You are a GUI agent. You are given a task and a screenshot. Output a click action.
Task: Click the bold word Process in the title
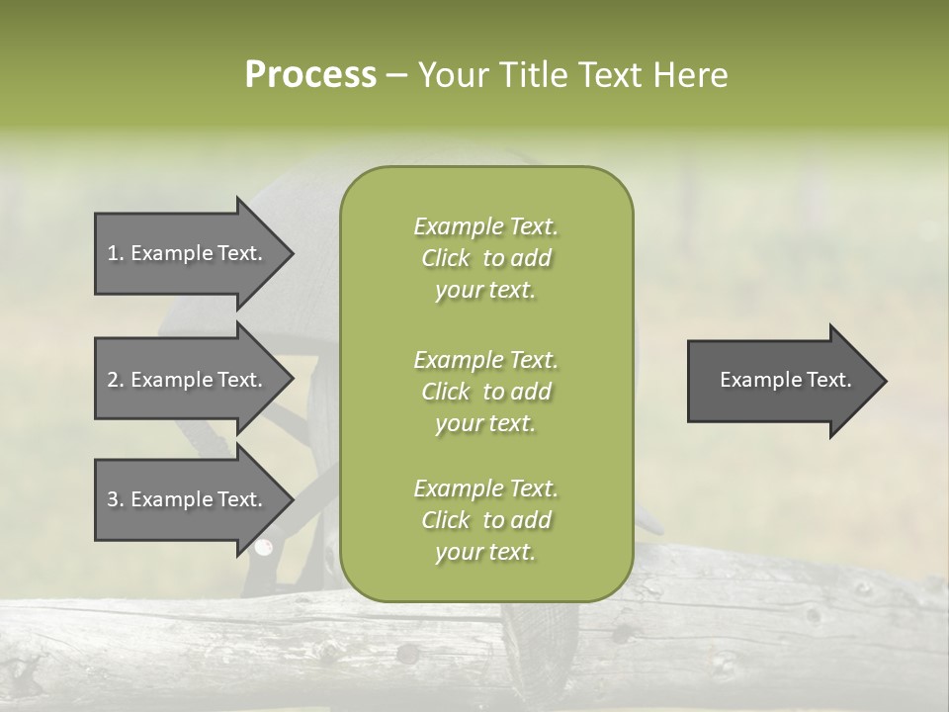pyautogui.click(x=310, y=75)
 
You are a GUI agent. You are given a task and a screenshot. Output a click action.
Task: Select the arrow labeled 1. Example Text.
pyautogui.click(x=188, y=253)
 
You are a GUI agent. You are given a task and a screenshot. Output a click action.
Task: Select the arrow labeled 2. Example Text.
pyautogui.click(x=188, y=380)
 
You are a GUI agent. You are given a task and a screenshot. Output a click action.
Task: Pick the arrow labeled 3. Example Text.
pyautogui.click(x=188, y=499)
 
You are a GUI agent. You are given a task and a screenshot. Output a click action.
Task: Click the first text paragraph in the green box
pyautogui.click(x=485, y=258)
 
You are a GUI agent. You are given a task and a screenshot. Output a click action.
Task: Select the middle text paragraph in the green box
pyautogui.click(x=485, y=392)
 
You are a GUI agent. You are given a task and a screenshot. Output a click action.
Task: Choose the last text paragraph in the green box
pyautogui.click(x=485, y=520)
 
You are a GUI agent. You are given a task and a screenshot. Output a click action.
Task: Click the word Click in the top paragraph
pyautogui.click(x=446, y=258)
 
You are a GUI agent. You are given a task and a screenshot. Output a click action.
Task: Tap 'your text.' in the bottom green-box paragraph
pyautogui.click(x=485, y=552)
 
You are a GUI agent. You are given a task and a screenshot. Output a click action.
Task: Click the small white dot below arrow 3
pyautogui.click(x=263, y=546)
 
